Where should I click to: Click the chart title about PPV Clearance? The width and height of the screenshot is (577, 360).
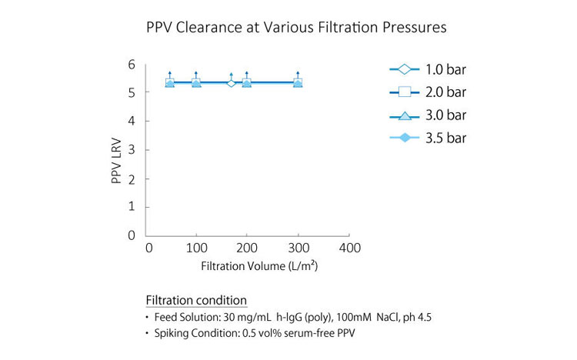(x=296, y=28)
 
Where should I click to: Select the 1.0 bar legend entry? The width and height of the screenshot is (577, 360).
(x=428, y=70)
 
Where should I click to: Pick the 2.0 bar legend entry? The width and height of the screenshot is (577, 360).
(x=428, y=93)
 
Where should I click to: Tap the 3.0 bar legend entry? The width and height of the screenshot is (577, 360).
(x=428, y=115)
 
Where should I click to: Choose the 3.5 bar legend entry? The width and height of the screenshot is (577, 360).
(x=428, y=138)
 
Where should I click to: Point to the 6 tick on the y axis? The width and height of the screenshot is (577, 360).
(x=131, y=65)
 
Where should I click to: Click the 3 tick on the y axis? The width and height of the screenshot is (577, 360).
(x=131, y=150)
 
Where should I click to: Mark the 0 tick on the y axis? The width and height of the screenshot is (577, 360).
(x=131, y=235)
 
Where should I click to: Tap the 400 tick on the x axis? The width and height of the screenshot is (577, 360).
(x=349, y=248)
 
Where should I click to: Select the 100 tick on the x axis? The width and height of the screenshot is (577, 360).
(x=198, y=248)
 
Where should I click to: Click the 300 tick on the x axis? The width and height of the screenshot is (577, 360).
(x=299, y=248)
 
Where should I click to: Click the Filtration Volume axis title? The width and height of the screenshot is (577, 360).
(x=259, y=267)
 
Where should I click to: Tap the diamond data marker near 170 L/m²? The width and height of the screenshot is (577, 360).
(x=232, y=82)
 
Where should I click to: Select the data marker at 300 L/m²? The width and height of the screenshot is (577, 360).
(x=298, y=82)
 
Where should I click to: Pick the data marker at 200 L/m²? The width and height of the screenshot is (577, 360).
(x=247, y=82)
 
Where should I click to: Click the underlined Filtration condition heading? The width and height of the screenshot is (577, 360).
(x=196, y=300)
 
